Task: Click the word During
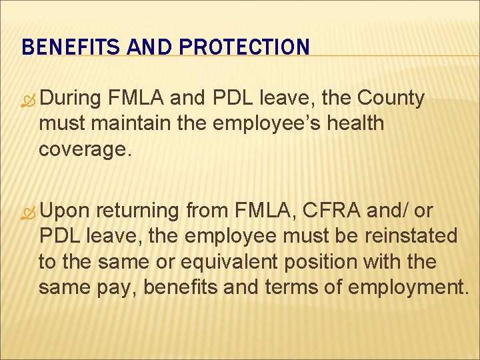71,99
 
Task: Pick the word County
391,99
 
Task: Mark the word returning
138,212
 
